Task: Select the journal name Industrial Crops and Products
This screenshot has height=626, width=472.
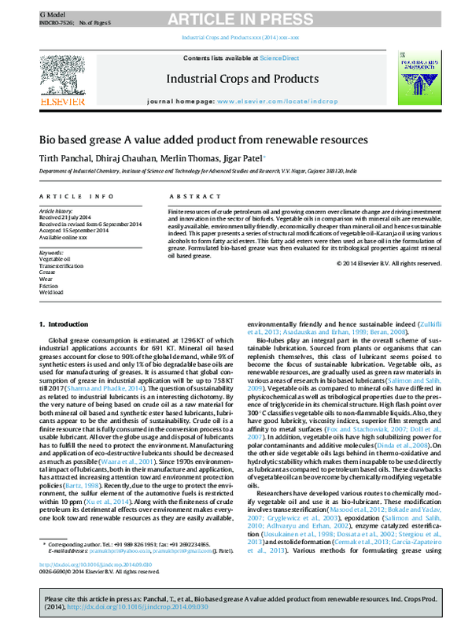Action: pos(236,79)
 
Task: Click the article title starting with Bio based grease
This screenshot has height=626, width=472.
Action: pos(204,140)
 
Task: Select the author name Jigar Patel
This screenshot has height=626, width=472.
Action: pos(243,157)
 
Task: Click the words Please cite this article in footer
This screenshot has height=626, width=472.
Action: pos(75,599)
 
